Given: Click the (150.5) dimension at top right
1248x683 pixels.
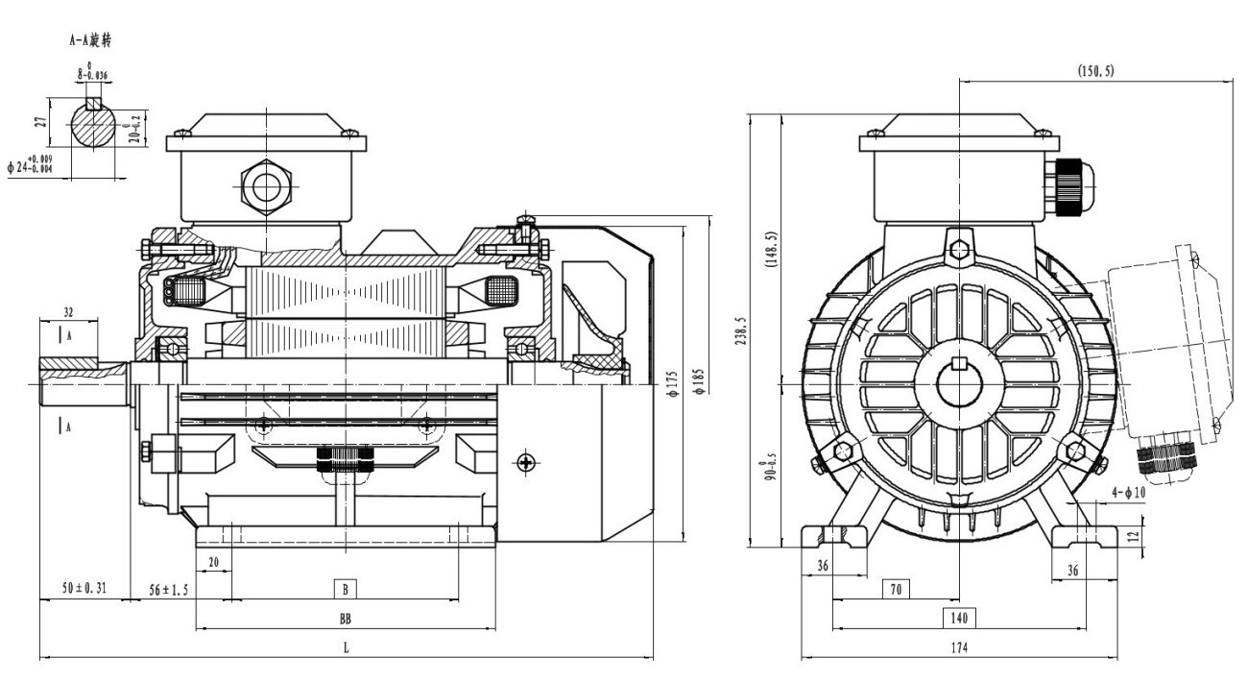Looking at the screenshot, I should click(1095, 71).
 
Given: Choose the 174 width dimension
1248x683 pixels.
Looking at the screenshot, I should click(959, 648).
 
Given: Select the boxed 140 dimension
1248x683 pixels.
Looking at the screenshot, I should click(959, 618).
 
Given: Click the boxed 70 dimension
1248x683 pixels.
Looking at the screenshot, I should click(895, 588).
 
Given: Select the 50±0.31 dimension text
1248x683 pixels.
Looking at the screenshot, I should click(82, 588).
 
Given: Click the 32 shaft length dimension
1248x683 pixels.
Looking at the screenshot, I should click(67, 311).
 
